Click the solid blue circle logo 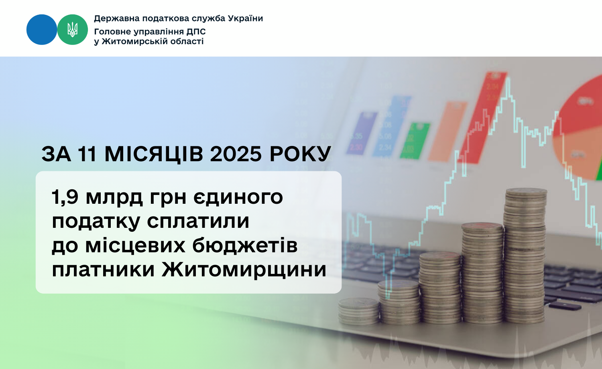42,30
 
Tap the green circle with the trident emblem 73,30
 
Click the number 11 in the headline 87,154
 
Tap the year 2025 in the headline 236,154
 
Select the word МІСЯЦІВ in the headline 154,154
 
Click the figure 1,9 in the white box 65,197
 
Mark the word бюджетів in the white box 245,245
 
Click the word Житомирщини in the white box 244,270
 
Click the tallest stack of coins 525,255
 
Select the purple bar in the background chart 362,133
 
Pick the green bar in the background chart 415,141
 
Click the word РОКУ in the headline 300,154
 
